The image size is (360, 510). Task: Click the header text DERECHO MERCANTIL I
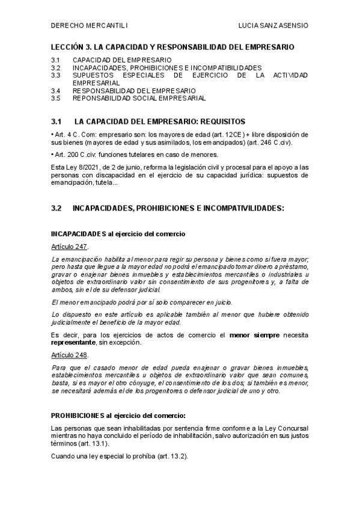(x=89, y=26)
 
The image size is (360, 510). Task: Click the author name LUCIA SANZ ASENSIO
(x=273, y=26)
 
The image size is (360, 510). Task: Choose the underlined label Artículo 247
(x=70, y=247)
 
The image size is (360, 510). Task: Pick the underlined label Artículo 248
(x=70, y=355)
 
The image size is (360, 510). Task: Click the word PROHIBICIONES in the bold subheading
(x=78, y=415)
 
